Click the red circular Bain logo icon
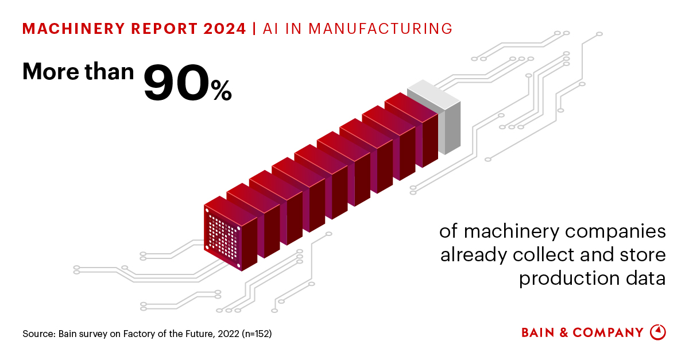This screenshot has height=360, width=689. tap(657, 332)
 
